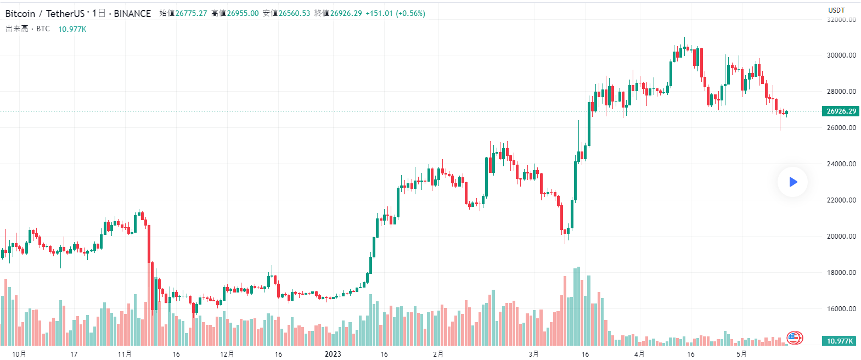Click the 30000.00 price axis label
(x=841, y=55)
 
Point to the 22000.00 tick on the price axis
(x=841, y=200)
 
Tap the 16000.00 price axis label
(x=841, y=308)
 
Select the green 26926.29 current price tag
(x=841, y=111)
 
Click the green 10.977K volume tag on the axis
(x=840, y=341)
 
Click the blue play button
(x=792, y=182)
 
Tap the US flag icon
(x=794, y=337)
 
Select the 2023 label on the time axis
(x=333, y=354)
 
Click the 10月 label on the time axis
(x=19, y=354)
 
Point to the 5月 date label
(x=741, y=354)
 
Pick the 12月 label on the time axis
(x=227, y=354)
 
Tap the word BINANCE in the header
(x=132, y=13)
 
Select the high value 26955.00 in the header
(x=243, y=13)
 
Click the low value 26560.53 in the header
(x=294, y=13)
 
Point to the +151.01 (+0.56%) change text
(x=395, y=13)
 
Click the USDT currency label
(x=836, y=10)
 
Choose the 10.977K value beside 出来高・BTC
(x=72, y=29)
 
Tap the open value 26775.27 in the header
(x=191, y=13)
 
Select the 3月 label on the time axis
(x=533, y=354)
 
